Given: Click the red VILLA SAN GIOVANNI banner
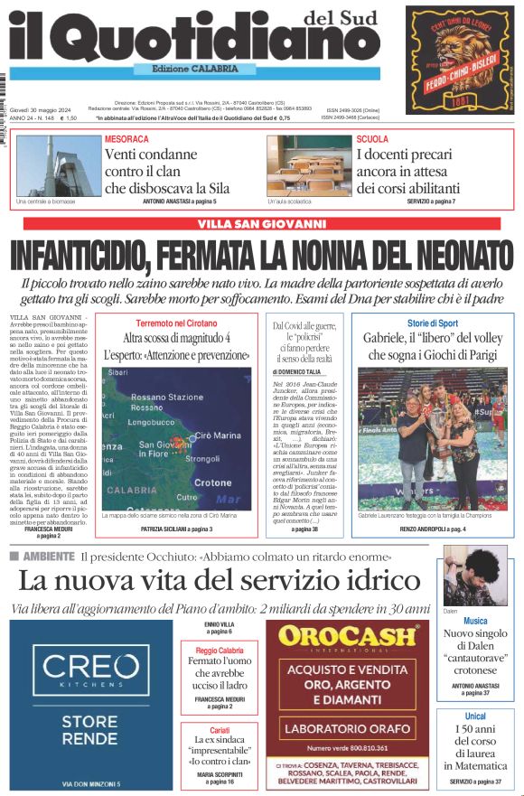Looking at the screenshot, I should [x=261, y=223].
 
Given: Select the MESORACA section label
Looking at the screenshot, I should [x=126, y=140].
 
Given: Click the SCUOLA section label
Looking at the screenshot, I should [x=372, y=139].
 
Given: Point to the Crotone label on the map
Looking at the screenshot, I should [x=213, y=482].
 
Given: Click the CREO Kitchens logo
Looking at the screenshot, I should [x=90, y=670].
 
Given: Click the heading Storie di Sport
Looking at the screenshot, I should [x=432, y=323].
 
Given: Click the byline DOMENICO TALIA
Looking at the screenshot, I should [x=297, y=371].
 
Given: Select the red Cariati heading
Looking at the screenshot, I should [x=220, y=729].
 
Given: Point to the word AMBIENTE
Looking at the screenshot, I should [x=49, y=556].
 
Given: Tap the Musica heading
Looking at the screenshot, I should [x=475, y=621].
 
